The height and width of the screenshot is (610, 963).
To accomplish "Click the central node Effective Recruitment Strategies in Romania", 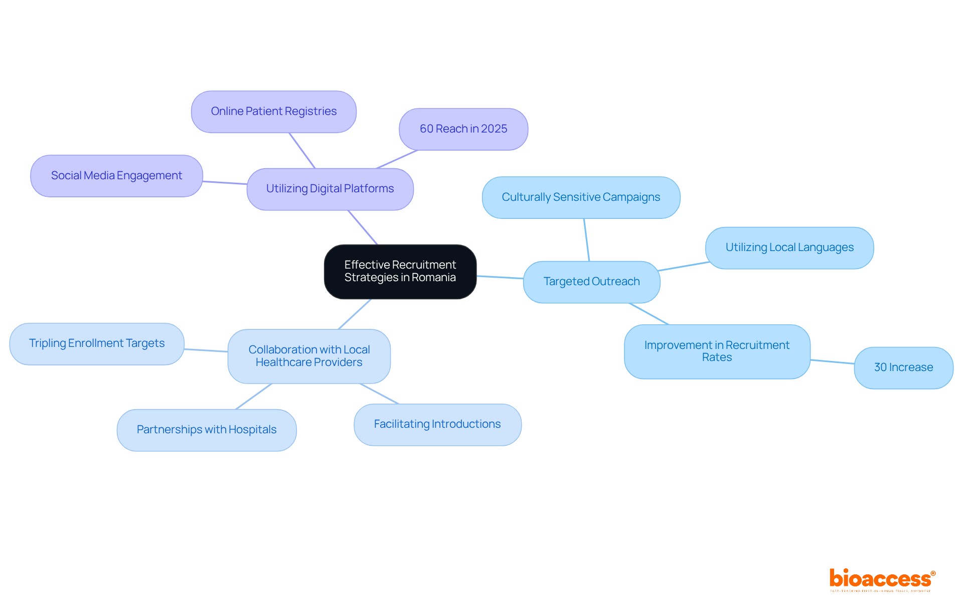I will click(x=400, y=272).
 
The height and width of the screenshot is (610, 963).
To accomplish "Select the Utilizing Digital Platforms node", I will click(x=330, y=189).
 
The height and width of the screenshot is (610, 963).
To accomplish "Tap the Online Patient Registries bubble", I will click(x=273, y=111).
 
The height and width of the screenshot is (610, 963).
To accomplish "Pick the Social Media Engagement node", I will click(x=116, y=176).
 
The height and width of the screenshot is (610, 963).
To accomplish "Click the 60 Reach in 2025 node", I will click(x=463, y=129).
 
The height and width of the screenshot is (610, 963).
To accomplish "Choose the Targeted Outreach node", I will click(x=591, y=282).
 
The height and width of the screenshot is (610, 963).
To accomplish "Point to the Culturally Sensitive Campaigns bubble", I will click(x=581, y=197).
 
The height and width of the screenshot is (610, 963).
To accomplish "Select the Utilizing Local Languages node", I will click(x=789, y=248).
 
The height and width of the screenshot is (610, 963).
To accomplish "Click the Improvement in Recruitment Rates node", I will click(x=717, y=351).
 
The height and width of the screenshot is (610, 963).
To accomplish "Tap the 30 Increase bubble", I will click(x=903, y=368).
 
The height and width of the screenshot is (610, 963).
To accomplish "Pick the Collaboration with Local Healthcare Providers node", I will click(x=309, y=356).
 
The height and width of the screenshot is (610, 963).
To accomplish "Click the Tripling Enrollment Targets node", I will click(x=97, y=343).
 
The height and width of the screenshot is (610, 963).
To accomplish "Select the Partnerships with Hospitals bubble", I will click(x=206, y=430).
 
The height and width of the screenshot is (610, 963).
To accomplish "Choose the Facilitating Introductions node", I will click(x=437, y=424).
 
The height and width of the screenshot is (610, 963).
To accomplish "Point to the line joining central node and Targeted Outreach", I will click(x=500, y=277).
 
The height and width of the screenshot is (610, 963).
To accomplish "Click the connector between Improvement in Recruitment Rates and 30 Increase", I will click(x=832, y=361).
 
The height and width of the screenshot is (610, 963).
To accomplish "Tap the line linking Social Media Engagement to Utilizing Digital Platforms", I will click(x=225, y=183).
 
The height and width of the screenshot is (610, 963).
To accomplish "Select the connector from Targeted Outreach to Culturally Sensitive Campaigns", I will click(x=586, y=240).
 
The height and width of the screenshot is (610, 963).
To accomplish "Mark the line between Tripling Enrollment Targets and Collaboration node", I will click(x=206, y=350).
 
